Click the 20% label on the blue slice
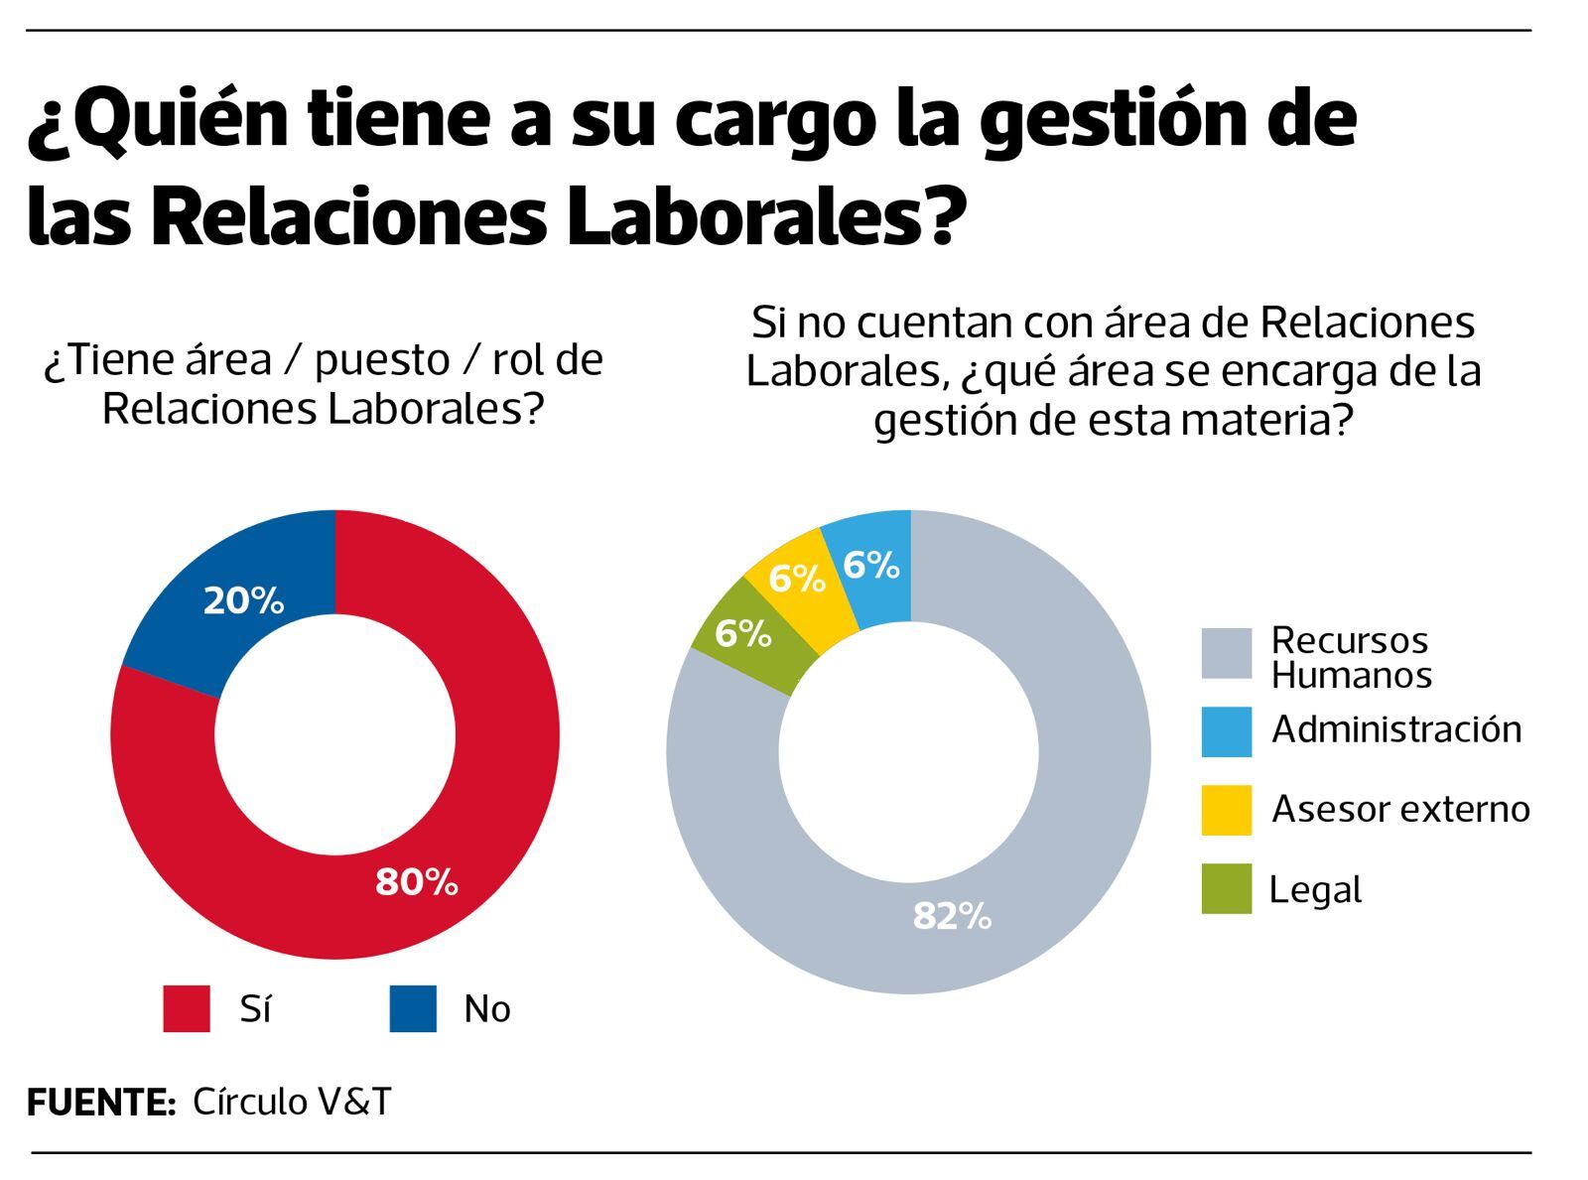243,600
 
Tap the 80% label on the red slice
416,881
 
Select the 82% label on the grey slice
951,916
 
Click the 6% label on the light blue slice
870,565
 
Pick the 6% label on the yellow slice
796,579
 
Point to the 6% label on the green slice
742,633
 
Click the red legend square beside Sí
187,1008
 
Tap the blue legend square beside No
412,1008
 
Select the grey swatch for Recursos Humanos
1226,654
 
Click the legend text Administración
1395,729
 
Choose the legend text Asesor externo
1399,809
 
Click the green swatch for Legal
1226,888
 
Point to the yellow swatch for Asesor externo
1226,810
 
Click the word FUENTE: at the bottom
100,1103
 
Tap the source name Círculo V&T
292,1102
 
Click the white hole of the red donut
335,735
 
